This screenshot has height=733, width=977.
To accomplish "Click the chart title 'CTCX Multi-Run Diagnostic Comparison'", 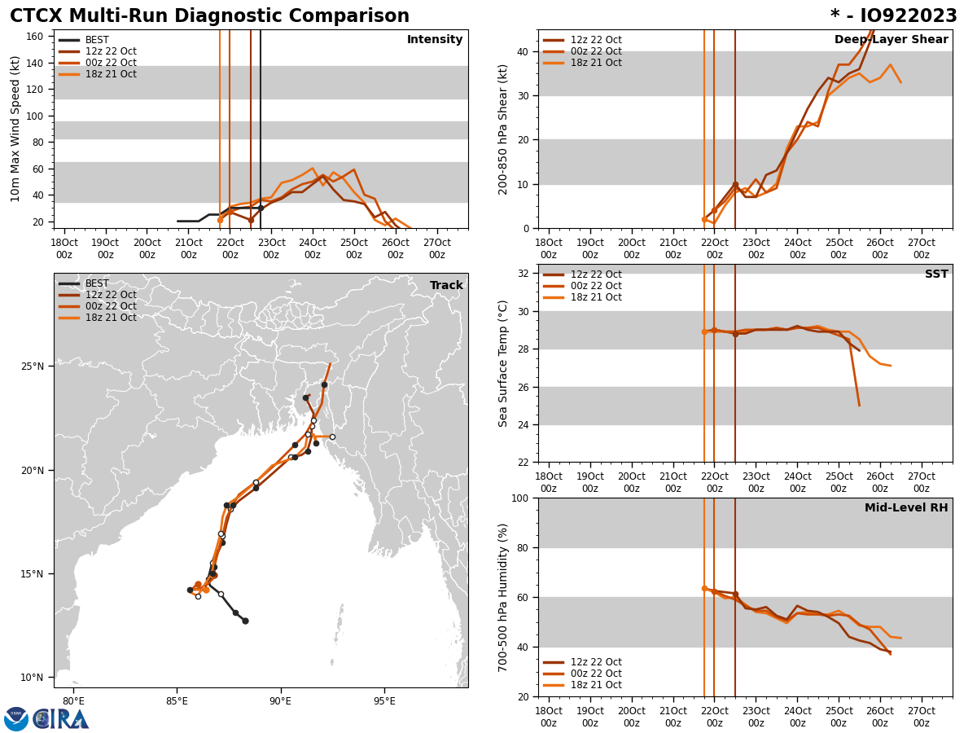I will (209, 16).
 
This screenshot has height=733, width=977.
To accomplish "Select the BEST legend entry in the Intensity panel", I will (97, 40).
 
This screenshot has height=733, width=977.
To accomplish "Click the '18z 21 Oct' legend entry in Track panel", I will (111, 318).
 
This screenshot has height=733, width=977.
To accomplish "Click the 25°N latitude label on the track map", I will (33, 366).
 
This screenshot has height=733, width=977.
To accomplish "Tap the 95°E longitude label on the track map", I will (384, 701).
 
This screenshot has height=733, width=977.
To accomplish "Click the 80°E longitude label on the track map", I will (73, 701).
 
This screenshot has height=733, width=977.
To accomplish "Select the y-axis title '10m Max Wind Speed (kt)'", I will (15, 129).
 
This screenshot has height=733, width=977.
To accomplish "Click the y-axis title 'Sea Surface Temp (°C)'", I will (503, 363).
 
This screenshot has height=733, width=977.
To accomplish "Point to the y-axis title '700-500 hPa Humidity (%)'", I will (503, 597).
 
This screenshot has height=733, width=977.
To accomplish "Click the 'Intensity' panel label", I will (435, 40).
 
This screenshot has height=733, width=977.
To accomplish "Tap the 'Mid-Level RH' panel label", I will (906, 508).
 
